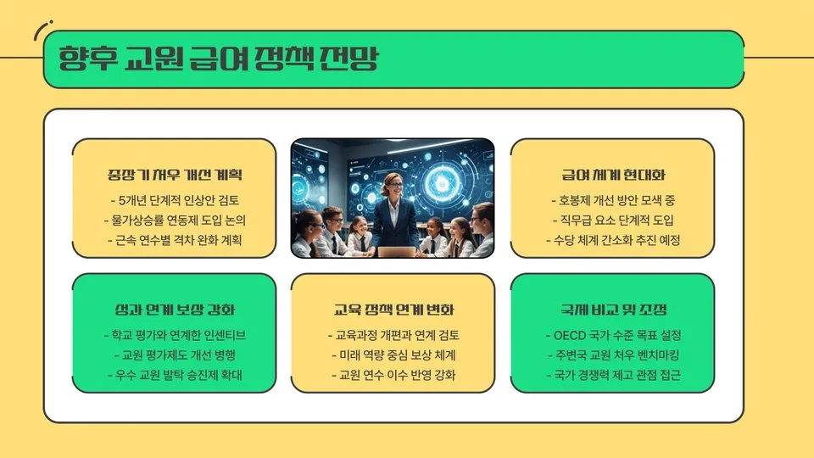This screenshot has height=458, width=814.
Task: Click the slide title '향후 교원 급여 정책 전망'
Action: pyautogui.click(x=219, y=59)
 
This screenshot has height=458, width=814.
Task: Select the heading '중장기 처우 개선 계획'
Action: pyautogui.click(x=175, y=176)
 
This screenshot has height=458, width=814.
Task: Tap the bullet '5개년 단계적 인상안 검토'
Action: pyautogui.click(x=175, y=201)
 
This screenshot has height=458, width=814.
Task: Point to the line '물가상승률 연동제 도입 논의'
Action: pyautogui.click(x=175, y=221)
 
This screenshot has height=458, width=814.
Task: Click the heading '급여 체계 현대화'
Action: pyautogui.click(x=613, y=176)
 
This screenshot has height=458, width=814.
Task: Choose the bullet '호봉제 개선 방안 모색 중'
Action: pyautogui.click(x=613, y=201)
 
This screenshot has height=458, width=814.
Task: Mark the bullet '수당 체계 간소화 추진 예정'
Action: pyautogui.click(x=613, y=240)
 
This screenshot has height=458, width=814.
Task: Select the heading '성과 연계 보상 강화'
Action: pyautogui.click(x=175, y=310)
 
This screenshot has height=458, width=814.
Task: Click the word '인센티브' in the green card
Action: pyautogui.click(x=222, y=335)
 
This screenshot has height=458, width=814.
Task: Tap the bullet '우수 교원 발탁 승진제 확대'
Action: pyautogui.click(x=175, y=374)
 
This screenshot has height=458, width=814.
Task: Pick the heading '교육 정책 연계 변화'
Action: pyautogui.click(x=393, y=310)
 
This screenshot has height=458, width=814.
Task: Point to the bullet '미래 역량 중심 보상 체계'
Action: pyautogui.click(x=393, y=355)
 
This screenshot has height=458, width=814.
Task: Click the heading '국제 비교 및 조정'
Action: pyautogui.click(x=613, y=310)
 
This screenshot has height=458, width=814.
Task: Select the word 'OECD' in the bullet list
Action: pyautogui.click(x=569, y=335)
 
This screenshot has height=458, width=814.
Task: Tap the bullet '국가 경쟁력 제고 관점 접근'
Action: pyautogui.click(x=613, y=374)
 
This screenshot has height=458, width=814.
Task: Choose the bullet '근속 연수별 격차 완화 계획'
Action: pyautogui.click(x=175, y=240)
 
